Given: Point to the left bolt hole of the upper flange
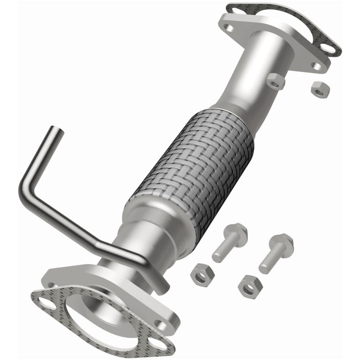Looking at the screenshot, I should click(x=231, y=28).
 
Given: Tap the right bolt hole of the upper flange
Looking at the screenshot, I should click(x=317, y=66).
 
